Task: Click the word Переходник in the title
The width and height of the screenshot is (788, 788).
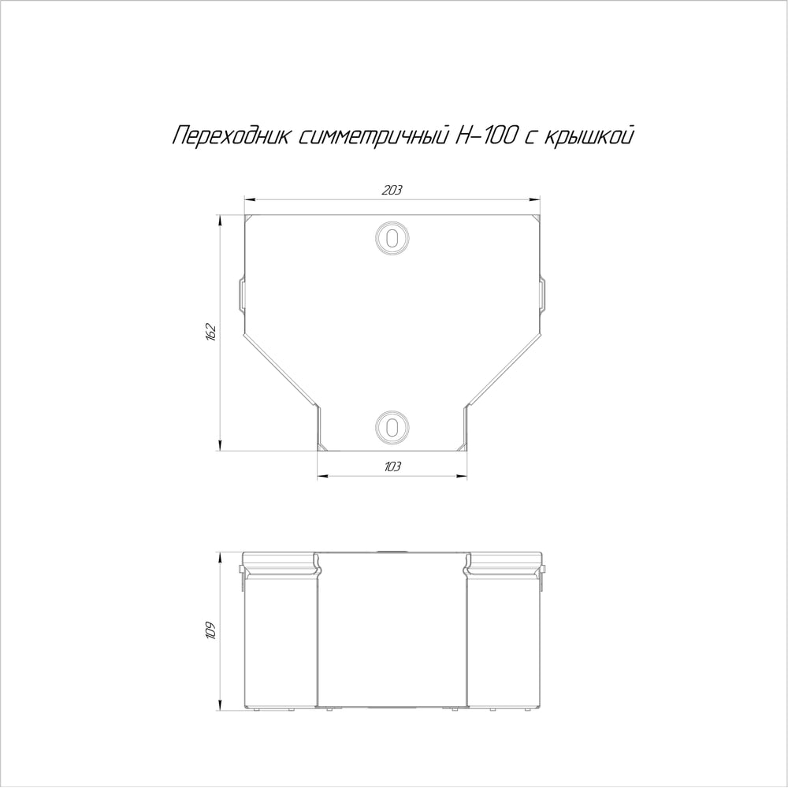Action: (231, 136)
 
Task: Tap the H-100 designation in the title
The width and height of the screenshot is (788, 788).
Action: (485, 136)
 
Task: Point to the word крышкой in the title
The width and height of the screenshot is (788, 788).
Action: (589, 136)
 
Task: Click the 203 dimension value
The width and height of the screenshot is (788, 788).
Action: (392, 190)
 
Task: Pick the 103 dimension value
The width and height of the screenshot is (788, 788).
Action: (392, 466)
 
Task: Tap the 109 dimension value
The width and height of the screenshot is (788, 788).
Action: (210, 630)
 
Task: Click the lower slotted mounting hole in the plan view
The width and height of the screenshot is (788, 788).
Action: (392, 427)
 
